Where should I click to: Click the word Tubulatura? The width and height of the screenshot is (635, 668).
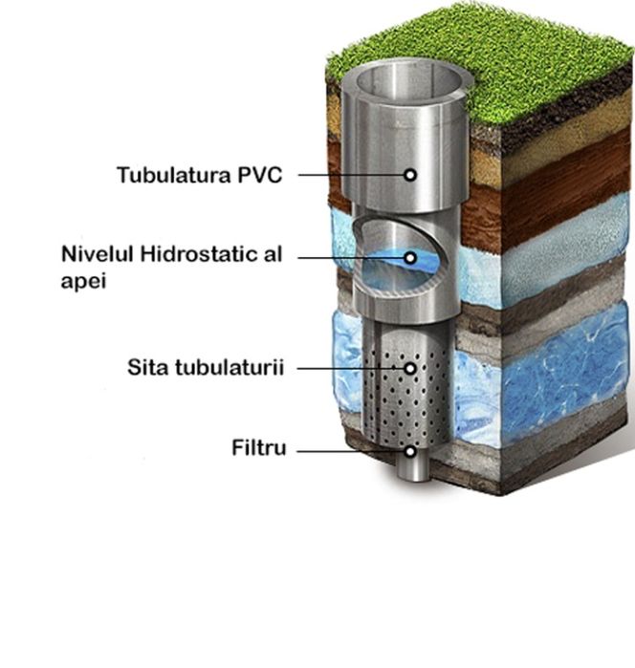pos(174,175)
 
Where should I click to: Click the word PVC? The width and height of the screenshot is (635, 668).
pos(260,175)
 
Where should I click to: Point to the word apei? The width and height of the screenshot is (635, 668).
pos(83,281)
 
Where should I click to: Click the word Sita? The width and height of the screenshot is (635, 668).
pos(148,367)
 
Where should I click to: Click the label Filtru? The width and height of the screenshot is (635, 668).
pos(259,448)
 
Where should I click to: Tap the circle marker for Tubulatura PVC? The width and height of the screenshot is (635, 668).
pos(410,175)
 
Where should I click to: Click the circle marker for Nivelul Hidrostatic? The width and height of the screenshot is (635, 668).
pos(410,258)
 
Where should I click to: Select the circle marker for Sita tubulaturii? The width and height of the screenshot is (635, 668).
pos(410,369)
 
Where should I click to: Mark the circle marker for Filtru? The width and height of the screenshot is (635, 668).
pos(410,451)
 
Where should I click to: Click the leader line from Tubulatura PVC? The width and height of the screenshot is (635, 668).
pos(351,175)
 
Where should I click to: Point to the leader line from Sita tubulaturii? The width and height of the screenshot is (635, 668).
pos(351,369)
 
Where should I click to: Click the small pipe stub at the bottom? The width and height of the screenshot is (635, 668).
pos(413,466)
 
